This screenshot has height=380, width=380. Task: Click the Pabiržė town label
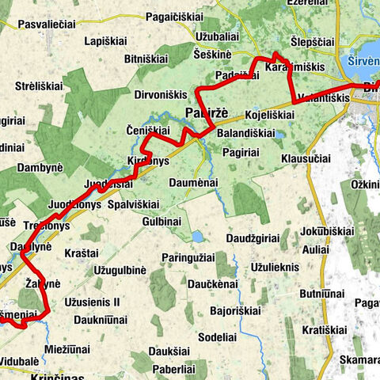(x=206, y=112)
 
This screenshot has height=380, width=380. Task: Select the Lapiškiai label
(x=108, y=40)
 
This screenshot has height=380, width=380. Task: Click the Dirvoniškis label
(x=162, y=94)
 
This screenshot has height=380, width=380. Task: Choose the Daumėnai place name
(x=193, y=183)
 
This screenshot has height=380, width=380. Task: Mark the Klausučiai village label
(x=305, y=158)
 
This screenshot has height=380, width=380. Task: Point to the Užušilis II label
(x=93, y=302)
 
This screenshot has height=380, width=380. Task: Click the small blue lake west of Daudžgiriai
(x=196, y=236)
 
